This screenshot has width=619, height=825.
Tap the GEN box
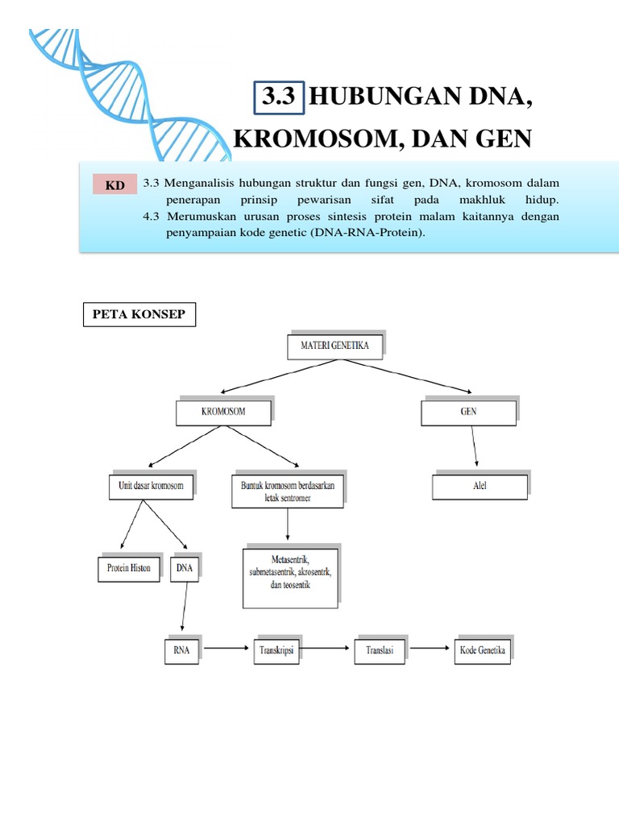click(x=468, y=412)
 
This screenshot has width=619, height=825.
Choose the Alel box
click(x=480, y=486)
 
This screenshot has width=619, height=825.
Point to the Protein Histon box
click(x=129, y=567)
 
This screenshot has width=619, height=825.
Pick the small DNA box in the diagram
click(x=185, y=567)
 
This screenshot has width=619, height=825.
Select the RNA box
click(x=181, y=650)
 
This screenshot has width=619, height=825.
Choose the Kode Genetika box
click(x=483, y=650)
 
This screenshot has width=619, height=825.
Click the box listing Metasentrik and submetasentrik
click(x=290, y=577)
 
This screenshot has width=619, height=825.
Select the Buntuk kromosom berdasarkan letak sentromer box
click(x=287, y=491)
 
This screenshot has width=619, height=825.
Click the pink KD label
click(x=115, y=186)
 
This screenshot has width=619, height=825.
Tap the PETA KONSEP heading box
click(x=139, y=314)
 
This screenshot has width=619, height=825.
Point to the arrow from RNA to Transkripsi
click(x=228, y=647)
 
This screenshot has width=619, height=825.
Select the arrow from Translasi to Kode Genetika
click(x=430, y=647)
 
